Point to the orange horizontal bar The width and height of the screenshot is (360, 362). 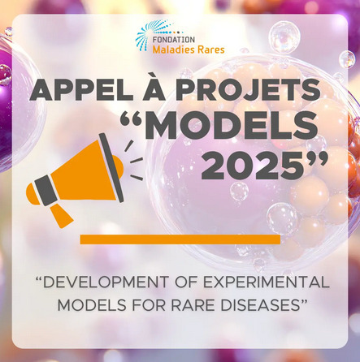tap(180, 239)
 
